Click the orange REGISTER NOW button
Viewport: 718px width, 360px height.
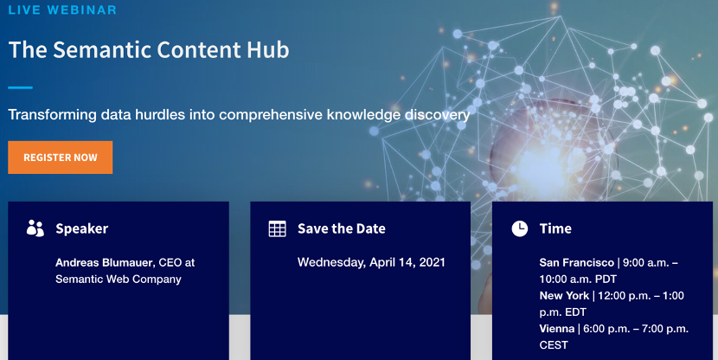60,157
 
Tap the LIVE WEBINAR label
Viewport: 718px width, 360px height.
62,10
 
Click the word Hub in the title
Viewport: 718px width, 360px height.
268,49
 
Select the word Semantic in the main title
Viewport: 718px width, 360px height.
103,49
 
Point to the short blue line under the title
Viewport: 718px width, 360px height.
20,87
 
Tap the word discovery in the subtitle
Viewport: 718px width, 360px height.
437,115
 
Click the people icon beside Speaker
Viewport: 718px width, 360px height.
35,228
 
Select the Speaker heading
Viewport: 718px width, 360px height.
82,228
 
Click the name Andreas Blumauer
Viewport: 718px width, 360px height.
105,262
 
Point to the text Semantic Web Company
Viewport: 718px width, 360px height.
119,279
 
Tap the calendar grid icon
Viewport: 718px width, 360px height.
277,228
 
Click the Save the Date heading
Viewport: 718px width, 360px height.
342,228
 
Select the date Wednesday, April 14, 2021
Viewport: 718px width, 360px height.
371,262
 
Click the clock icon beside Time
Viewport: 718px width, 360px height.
520,228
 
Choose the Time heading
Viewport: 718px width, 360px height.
555,228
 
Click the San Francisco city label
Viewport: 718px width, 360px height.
576,262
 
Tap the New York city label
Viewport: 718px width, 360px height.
564,295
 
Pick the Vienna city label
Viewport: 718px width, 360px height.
557,328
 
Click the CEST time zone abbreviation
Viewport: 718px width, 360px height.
554,345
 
